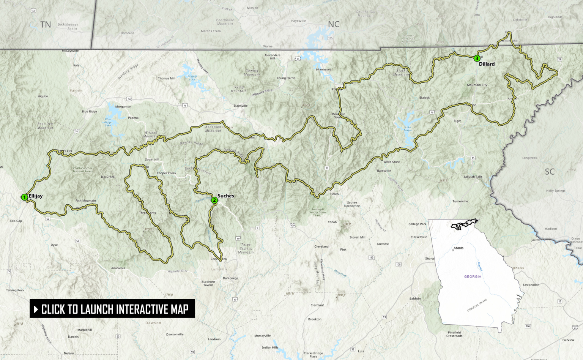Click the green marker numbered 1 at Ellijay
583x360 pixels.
coord(24,197)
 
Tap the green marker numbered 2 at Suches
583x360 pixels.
coord(214,201)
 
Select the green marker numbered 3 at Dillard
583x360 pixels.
coord(477,58)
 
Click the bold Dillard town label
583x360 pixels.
coord(487,64)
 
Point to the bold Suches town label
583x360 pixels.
coord(226,196)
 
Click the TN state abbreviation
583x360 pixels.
coord(46,25)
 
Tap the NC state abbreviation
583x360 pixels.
coord(334,24)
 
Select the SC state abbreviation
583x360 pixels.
coord(550,172)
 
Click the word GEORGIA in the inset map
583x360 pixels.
coord(473,276)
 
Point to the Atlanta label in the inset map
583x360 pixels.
coord(459,248)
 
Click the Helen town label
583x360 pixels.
coord(334,194)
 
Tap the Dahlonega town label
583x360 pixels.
coord(230,278)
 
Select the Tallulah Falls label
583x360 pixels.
coord(473,177)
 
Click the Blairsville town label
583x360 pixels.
coord(240,106)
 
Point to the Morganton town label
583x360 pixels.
coord(123,107)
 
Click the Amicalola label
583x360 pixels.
coord(118,268)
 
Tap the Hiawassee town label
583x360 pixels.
coord(323,69)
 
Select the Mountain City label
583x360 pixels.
coord(477,85)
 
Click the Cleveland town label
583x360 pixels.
coord(321,246)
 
